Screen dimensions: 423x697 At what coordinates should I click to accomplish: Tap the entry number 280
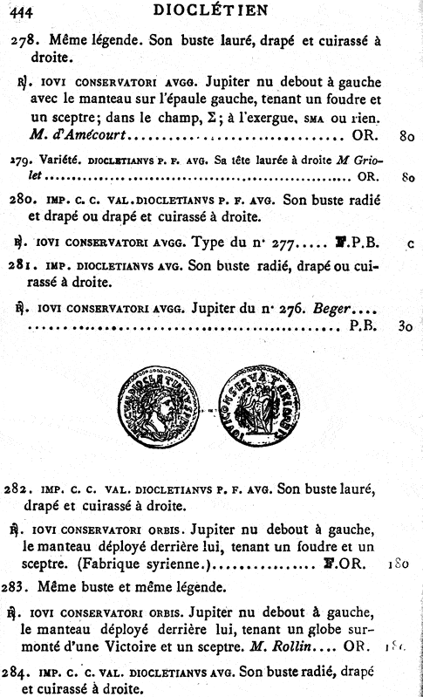24,199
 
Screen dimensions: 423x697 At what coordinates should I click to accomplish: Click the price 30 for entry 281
404,328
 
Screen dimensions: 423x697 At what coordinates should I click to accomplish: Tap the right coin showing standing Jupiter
263,407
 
